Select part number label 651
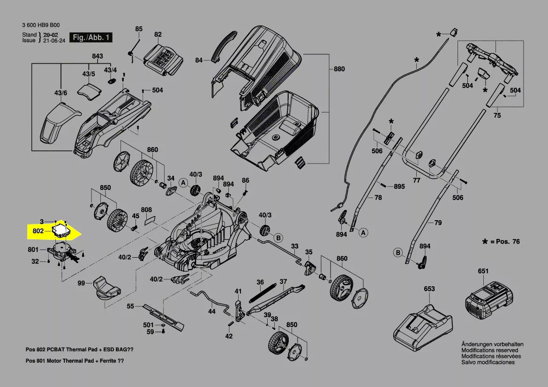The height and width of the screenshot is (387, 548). (483, 271)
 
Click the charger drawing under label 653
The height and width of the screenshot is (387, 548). (423, 324)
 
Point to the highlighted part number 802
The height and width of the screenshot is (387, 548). (38, 231)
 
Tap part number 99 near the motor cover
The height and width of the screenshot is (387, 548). (81, 283)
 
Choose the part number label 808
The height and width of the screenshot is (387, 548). (146, 209)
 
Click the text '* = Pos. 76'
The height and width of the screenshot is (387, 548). (501, 241)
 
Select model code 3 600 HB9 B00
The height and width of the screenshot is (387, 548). (41, 25)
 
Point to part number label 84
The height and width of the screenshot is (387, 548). (199, 60)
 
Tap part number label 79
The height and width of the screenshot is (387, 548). (437, 223)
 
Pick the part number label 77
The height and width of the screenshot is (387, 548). (416, 180)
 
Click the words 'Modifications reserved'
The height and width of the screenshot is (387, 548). (489, 350)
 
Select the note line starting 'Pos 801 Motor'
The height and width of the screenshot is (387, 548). (75, 361)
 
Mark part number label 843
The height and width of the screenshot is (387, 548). (97, 56)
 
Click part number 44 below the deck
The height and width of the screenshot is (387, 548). (212, 311)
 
